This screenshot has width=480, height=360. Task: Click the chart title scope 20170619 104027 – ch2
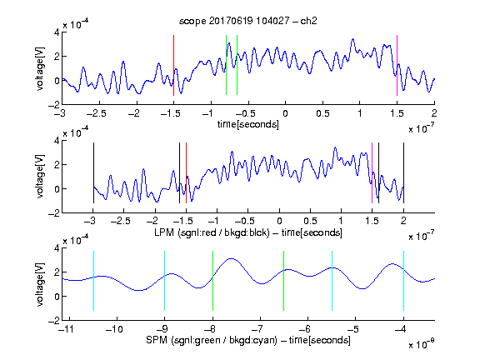[247, 21]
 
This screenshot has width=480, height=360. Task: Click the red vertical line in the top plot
[173, 65]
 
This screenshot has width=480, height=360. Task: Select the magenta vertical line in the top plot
[397, 65]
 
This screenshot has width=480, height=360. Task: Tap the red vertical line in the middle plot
[186, 172]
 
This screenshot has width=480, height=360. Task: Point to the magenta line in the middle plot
[372, 172]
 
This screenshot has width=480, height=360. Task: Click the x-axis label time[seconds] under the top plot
[248, 124]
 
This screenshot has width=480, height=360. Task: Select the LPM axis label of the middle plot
[248, 232]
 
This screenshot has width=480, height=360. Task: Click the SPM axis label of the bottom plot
[248, 340]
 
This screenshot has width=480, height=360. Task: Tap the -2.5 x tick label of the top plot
[97, 113]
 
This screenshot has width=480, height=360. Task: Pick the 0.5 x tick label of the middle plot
[310, 221]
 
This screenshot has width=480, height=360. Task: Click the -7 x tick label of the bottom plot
[260, 329]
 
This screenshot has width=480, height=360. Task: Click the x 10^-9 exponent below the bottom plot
[422, 344]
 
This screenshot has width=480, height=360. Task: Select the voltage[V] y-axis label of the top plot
[40, 68]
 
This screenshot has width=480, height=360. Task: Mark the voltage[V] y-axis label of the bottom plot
[40, 284]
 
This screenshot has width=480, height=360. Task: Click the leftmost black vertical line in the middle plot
[93, 172]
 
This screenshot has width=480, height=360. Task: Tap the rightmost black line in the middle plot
[403, 172]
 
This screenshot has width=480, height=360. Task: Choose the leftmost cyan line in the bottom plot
[93, 281]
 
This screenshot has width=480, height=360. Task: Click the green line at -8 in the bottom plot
[212, 281]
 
